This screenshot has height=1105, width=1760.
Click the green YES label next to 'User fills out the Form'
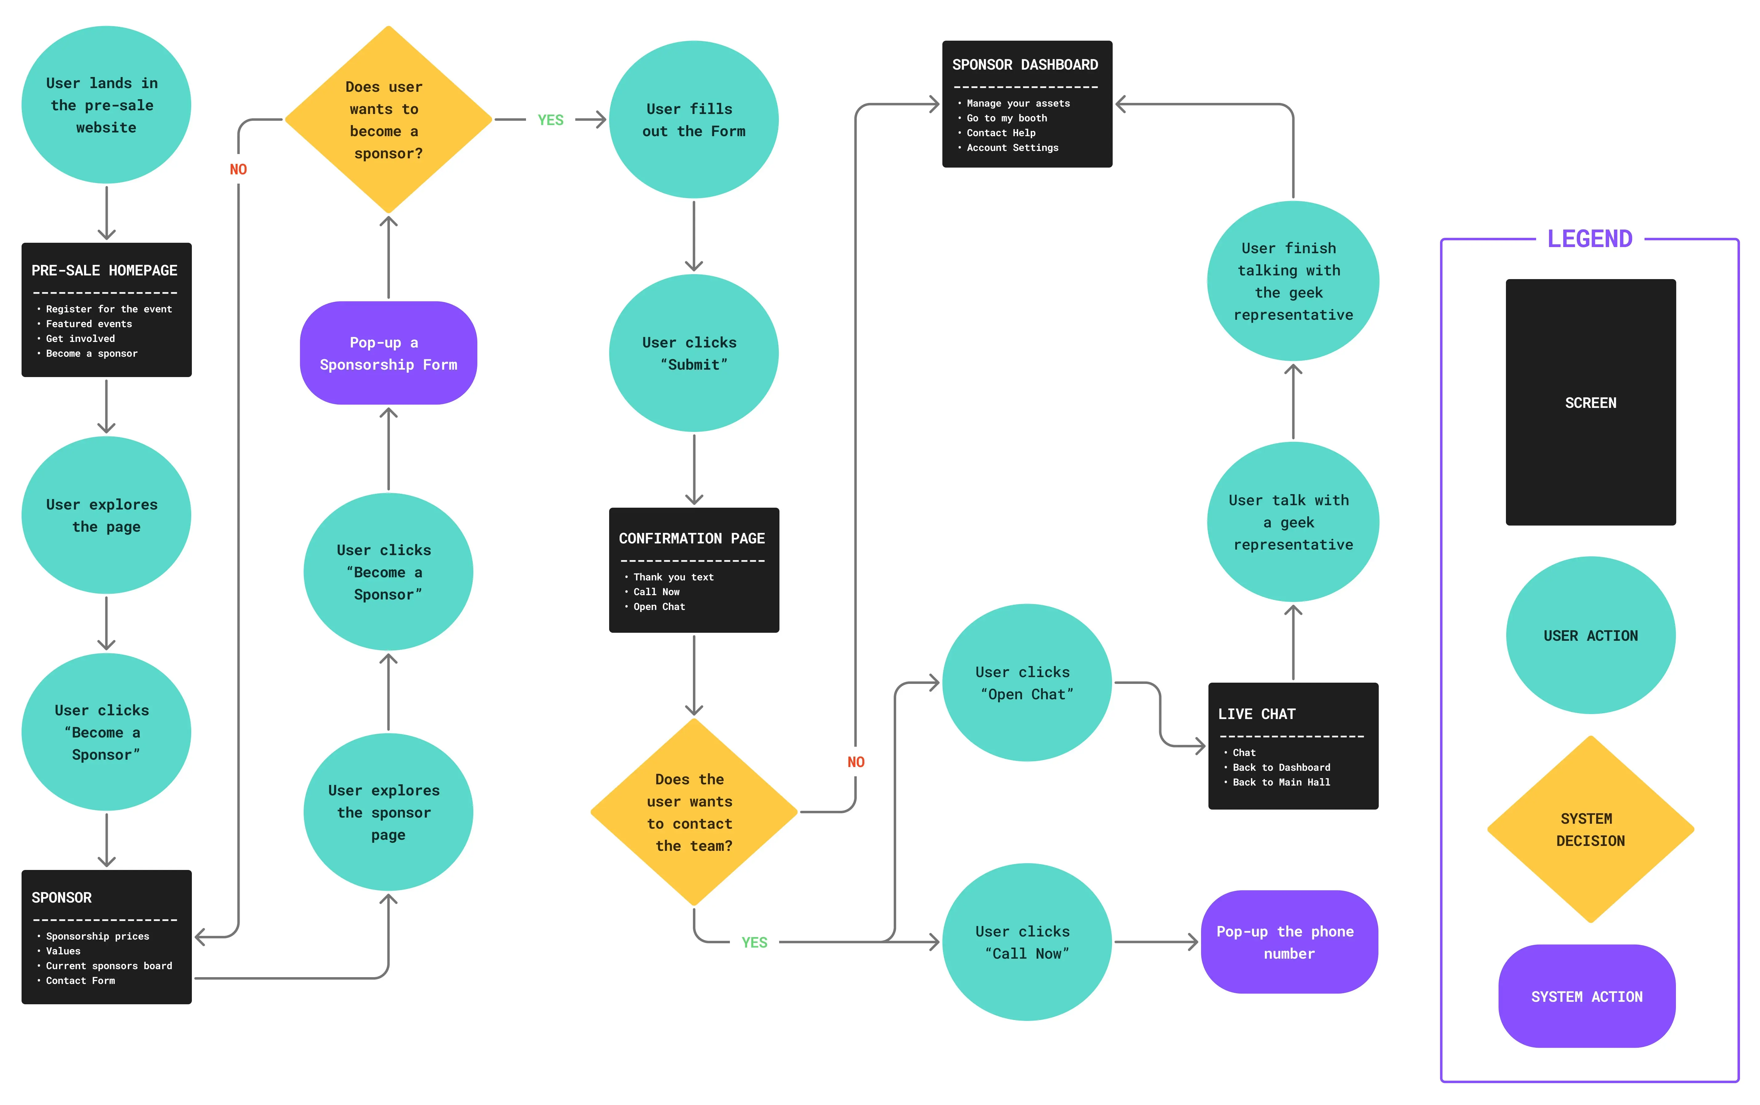[x=550, y=120]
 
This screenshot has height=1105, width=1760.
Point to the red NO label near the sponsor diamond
[x=238, y=169]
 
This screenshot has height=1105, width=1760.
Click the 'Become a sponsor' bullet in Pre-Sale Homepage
[x=91, y=354]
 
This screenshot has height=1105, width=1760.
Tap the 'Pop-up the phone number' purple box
[x=1289, y=942]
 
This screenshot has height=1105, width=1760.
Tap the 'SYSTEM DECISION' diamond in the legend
[x=1591, y=830]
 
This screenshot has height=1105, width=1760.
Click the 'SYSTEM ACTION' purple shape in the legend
[x=1587, y=996]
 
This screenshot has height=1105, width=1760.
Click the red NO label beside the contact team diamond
[x=856, y=762]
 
